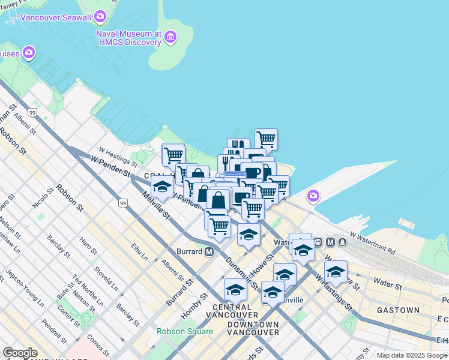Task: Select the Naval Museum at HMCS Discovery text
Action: pos(128,38)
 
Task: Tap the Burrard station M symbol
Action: pos(209,251)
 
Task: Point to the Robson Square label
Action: pos(185,331)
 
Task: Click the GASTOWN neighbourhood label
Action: pos(398,310)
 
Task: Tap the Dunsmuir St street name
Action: pos(240,271)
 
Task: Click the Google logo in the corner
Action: pos(20,353)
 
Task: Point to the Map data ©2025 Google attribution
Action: pos(412,355)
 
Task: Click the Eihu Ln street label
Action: pos(140,252)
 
